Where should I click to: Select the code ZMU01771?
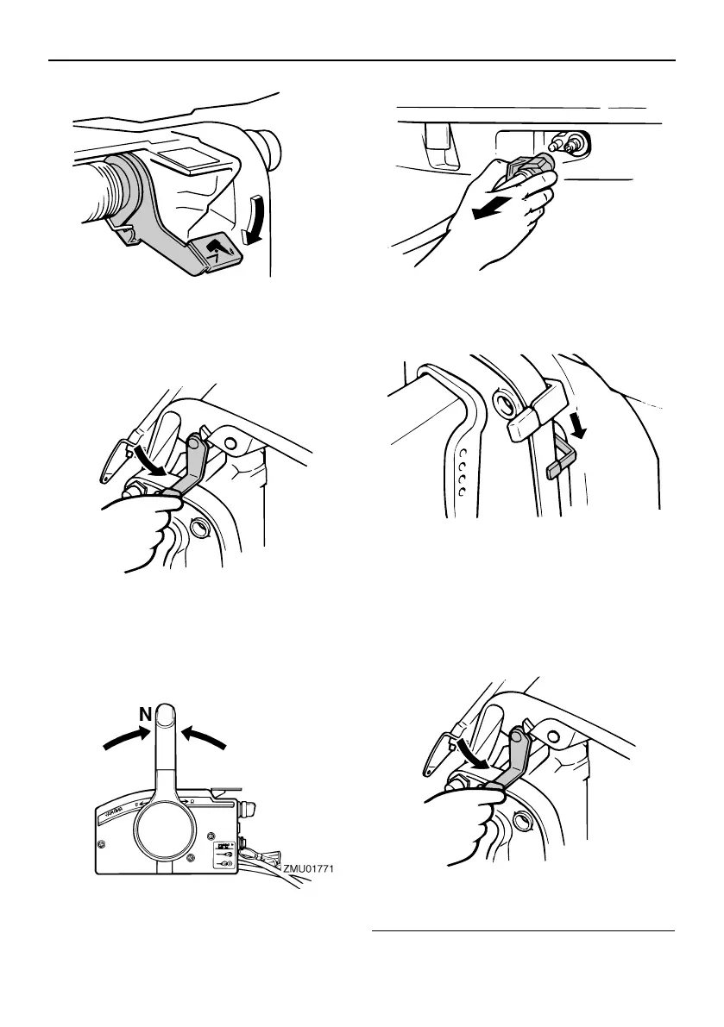point(307,870)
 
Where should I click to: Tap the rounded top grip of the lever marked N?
point(165,717)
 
